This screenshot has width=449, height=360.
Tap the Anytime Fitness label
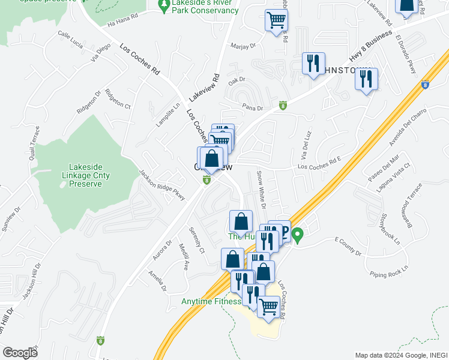tap(209, 301)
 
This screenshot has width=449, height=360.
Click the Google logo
tap(19, 352)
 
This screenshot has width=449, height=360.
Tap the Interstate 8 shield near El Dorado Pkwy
tap(425, 85)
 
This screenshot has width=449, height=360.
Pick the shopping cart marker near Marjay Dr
tap(276, 21)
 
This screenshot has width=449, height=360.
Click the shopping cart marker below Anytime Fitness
tap(268, 307)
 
